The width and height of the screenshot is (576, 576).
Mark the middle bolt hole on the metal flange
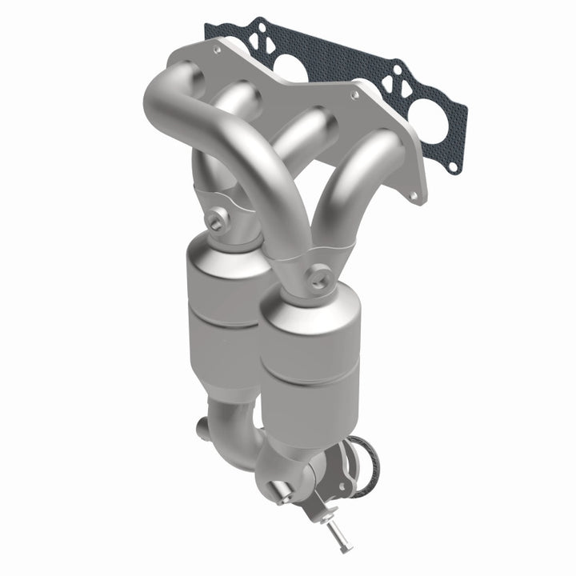(356, 94)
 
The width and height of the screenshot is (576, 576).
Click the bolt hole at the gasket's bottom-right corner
(454, 168)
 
